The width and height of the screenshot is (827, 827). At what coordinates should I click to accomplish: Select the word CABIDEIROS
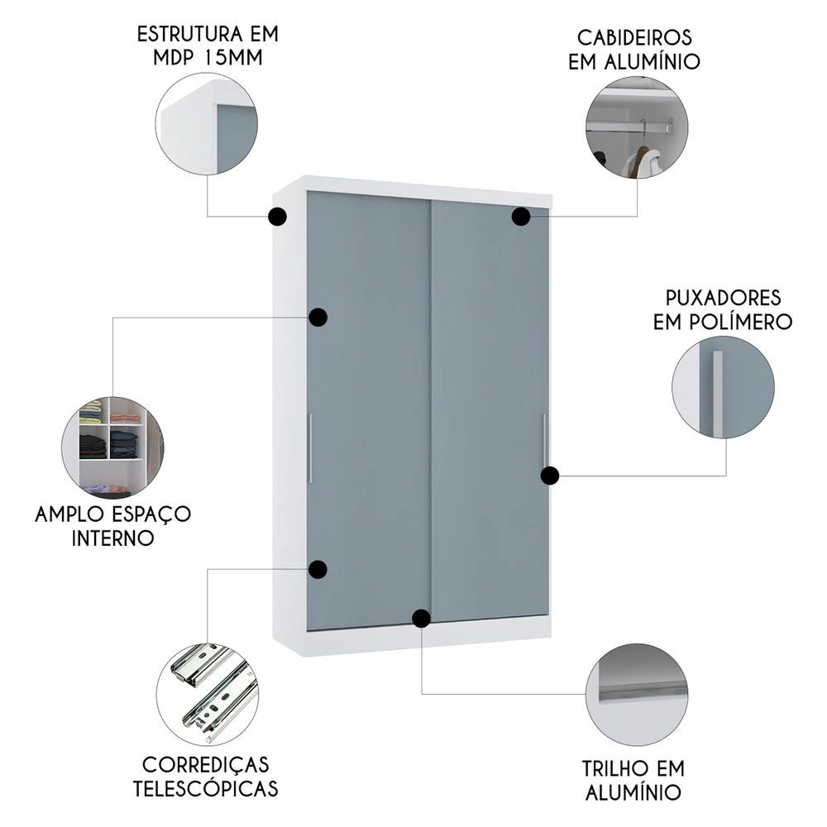(x=634, y=38)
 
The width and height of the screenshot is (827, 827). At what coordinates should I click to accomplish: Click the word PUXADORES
(x=723, y=298)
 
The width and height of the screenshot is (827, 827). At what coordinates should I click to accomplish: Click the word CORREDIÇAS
(x=206, y=764)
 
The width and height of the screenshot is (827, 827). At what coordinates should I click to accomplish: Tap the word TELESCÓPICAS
(x=206, y=788)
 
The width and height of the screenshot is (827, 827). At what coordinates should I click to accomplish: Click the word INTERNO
(x=113, y=538)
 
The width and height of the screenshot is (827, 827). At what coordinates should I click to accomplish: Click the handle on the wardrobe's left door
(x=310, y=447)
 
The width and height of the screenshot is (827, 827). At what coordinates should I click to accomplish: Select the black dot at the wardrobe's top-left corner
(x=278, y=217)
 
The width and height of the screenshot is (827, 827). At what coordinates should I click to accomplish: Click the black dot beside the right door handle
(x=550, y=475)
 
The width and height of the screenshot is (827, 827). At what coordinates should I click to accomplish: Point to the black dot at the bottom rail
(x=422, y=618)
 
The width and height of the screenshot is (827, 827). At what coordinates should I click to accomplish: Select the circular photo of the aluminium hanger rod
(x=636, y=128)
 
